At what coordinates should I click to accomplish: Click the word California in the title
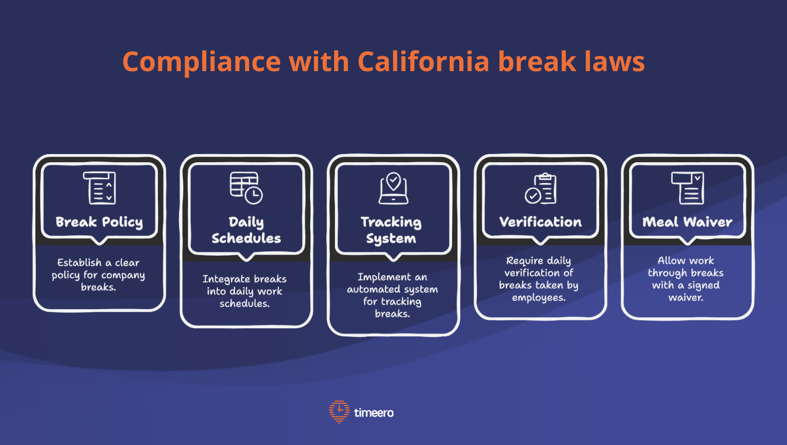tap(423, 62)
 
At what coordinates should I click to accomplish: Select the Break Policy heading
tap(99, 222)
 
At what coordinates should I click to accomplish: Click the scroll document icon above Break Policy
tap(100, 188)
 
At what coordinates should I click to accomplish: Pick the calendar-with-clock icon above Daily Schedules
tap(246, 188)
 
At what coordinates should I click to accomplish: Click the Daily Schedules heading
tap(246, 230)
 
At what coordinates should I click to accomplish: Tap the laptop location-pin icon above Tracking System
tap(393, 188)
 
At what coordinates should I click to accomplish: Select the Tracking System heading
tap(391, 230)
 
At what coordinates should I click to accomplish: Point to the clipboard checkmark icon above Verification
tap(541, 188)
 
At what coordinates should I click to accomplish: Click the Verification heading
tap(541, 222)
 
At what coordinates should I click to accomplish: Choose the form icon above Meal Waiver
tap(688, 188)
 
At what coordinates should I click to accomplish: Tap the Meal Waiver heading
tap(688, 222)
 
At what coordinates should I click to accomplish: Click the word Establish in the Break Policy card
tap(79, 263)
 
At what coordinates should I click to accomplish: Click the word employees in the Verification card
tap(538, 298)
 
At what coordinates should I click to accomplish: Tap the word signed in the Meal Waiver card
tap(704, 286)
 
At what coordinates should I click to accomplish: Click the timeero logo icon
tap(339, 412)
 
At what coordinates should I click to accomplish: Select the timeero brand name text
tap(374, 412)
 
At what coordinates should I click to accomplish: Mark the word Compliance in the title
tap(201, 62)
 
